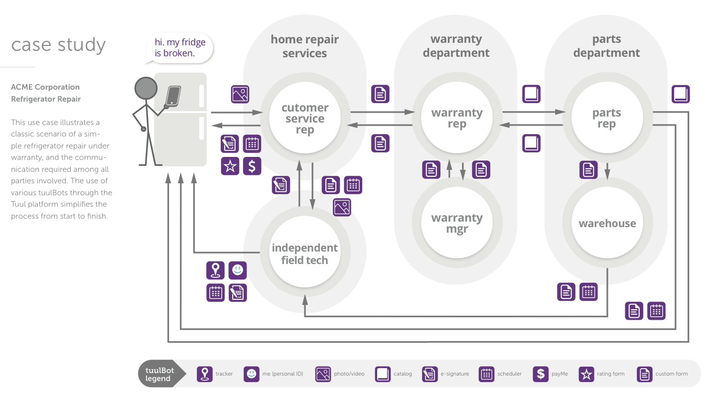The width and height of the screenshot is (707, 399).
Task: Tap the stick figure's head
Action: (146, 89)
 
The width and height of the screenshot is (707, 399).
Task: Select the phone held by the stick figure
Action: (173, 95)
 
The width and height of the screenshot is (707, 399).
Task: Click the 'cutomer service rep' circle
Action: (305, 119)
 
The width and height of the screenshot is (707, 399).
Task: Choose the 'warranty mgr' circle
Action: (457, 223)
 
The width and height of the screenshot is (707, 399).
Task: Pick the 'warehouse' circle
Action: (607, 223)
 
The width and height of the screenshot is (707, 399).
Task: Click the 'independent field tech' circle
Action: (305, 254)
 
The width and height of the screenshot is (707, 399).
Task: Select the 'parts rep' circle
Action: (606, 118)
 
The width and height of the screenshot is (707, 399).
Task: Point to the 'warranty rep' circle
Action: (457, 118)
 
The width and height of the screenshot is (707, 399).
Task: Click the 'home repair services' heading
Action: (304, 46)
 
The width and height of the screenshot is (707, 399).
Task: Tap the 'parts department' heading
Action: (606, 46)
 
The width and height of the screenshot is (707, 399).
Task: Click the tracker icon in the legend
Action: (205, 374)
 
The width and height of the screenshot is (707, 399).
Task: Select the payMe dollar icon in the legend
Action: (541, 374)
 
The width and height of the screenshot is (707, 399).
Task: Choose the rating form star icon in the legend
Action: (586, 374)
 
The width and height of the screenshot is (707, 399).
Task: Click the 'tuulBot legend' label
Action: (158, 374)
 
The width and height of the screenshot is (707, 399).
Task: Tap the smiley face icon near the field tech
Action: (238, 270)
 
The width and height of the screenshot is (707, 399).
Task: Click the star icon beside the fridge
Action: (230, 166)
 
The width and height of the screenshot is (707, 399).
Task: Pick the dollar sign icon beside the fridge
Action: (252, 166)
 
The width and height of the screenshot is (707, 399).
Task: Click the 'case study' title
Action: (58, 45)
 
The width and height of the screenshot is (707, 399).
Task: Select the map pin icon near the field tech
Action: (215, 270)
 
